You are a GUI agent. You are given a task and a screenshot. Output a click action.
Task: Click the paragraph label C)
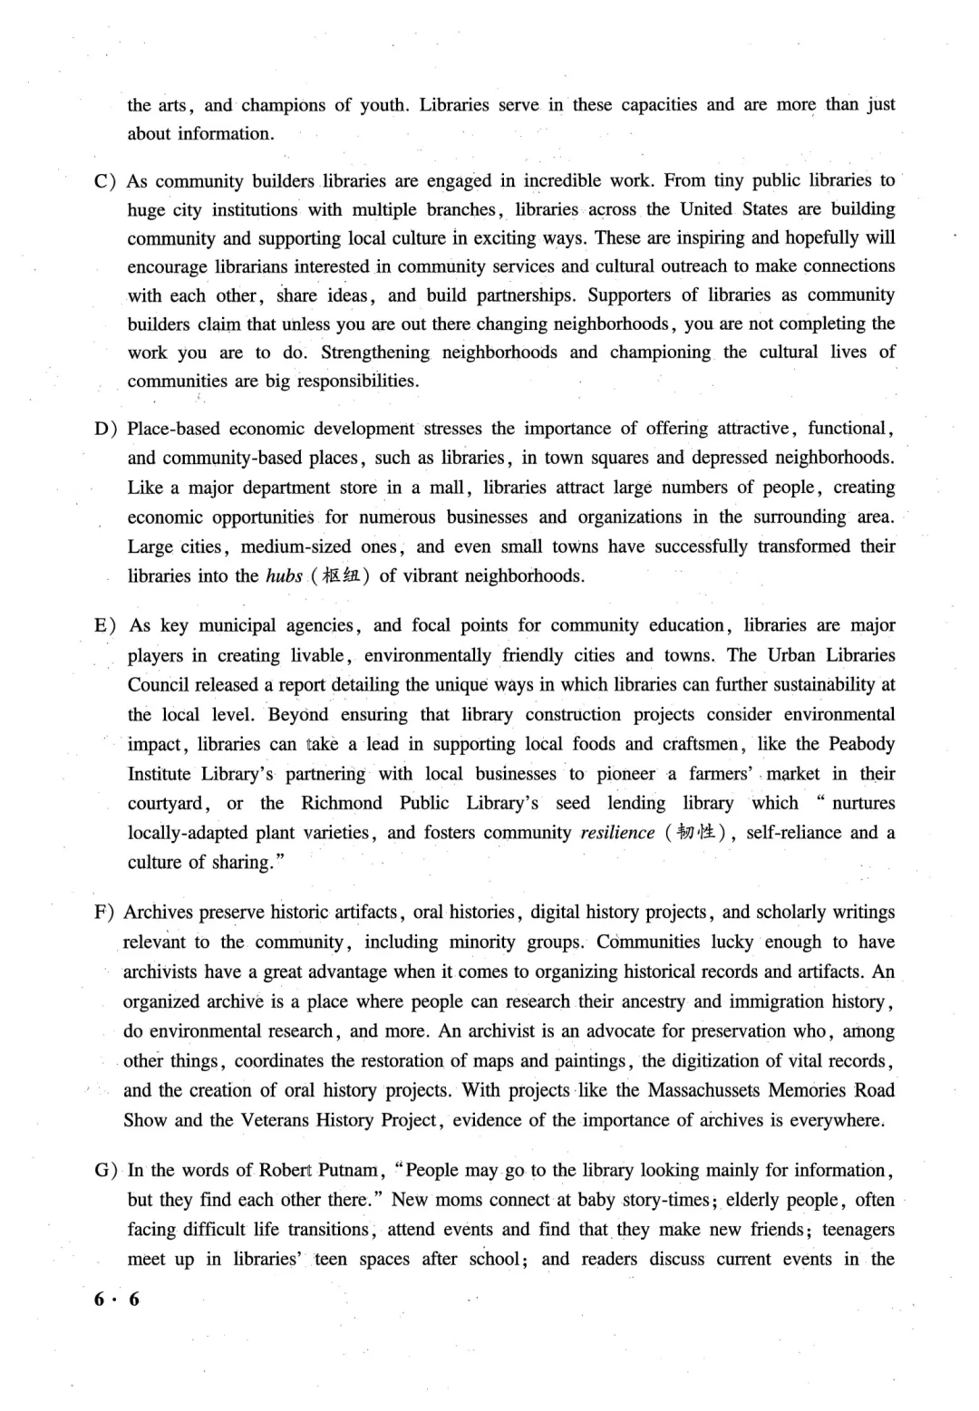(x=105, y=181)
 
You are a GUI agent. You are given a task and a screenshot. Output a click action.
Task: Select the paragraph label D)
(x=105, y=429)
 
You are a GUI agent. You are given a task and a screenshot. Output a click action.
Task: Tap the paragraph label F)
(x=104, y=913)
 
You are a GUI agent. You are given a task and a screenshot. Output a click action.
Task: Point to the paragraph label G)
(x=105, y=1170)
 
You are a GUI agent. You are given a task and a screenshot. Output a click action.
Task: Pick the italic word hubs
(x=284, y=576)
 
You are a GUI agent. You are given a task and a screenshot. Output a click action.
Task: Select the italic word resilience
(x=617, y=833)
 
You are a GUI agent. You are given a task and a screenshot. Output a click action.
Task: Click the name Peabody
(x=859, y=744)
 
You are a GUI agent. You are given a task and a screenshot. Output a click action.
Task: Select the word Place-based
(x=172, y=429)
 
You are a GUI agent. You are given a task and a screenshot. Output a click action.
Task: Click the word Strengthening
(x=375, y=353)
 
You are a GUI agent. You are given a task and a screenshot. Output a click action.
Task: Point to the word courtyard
(x=169, y=804)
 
